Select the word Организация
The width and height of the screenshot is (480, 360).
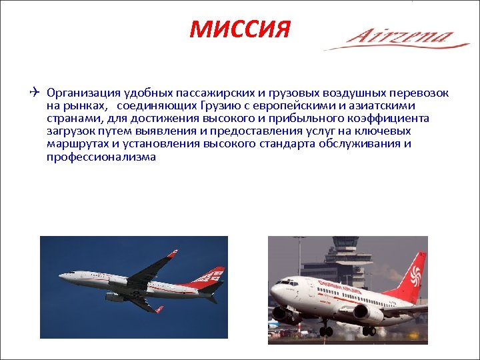(78, 92)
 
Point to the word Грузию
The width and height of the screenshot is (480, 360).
(253, 105)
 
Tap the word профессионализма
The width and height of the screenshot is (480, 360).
(101, 157)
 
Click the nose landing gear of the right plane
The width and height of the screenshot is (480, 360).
(325, 329)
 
